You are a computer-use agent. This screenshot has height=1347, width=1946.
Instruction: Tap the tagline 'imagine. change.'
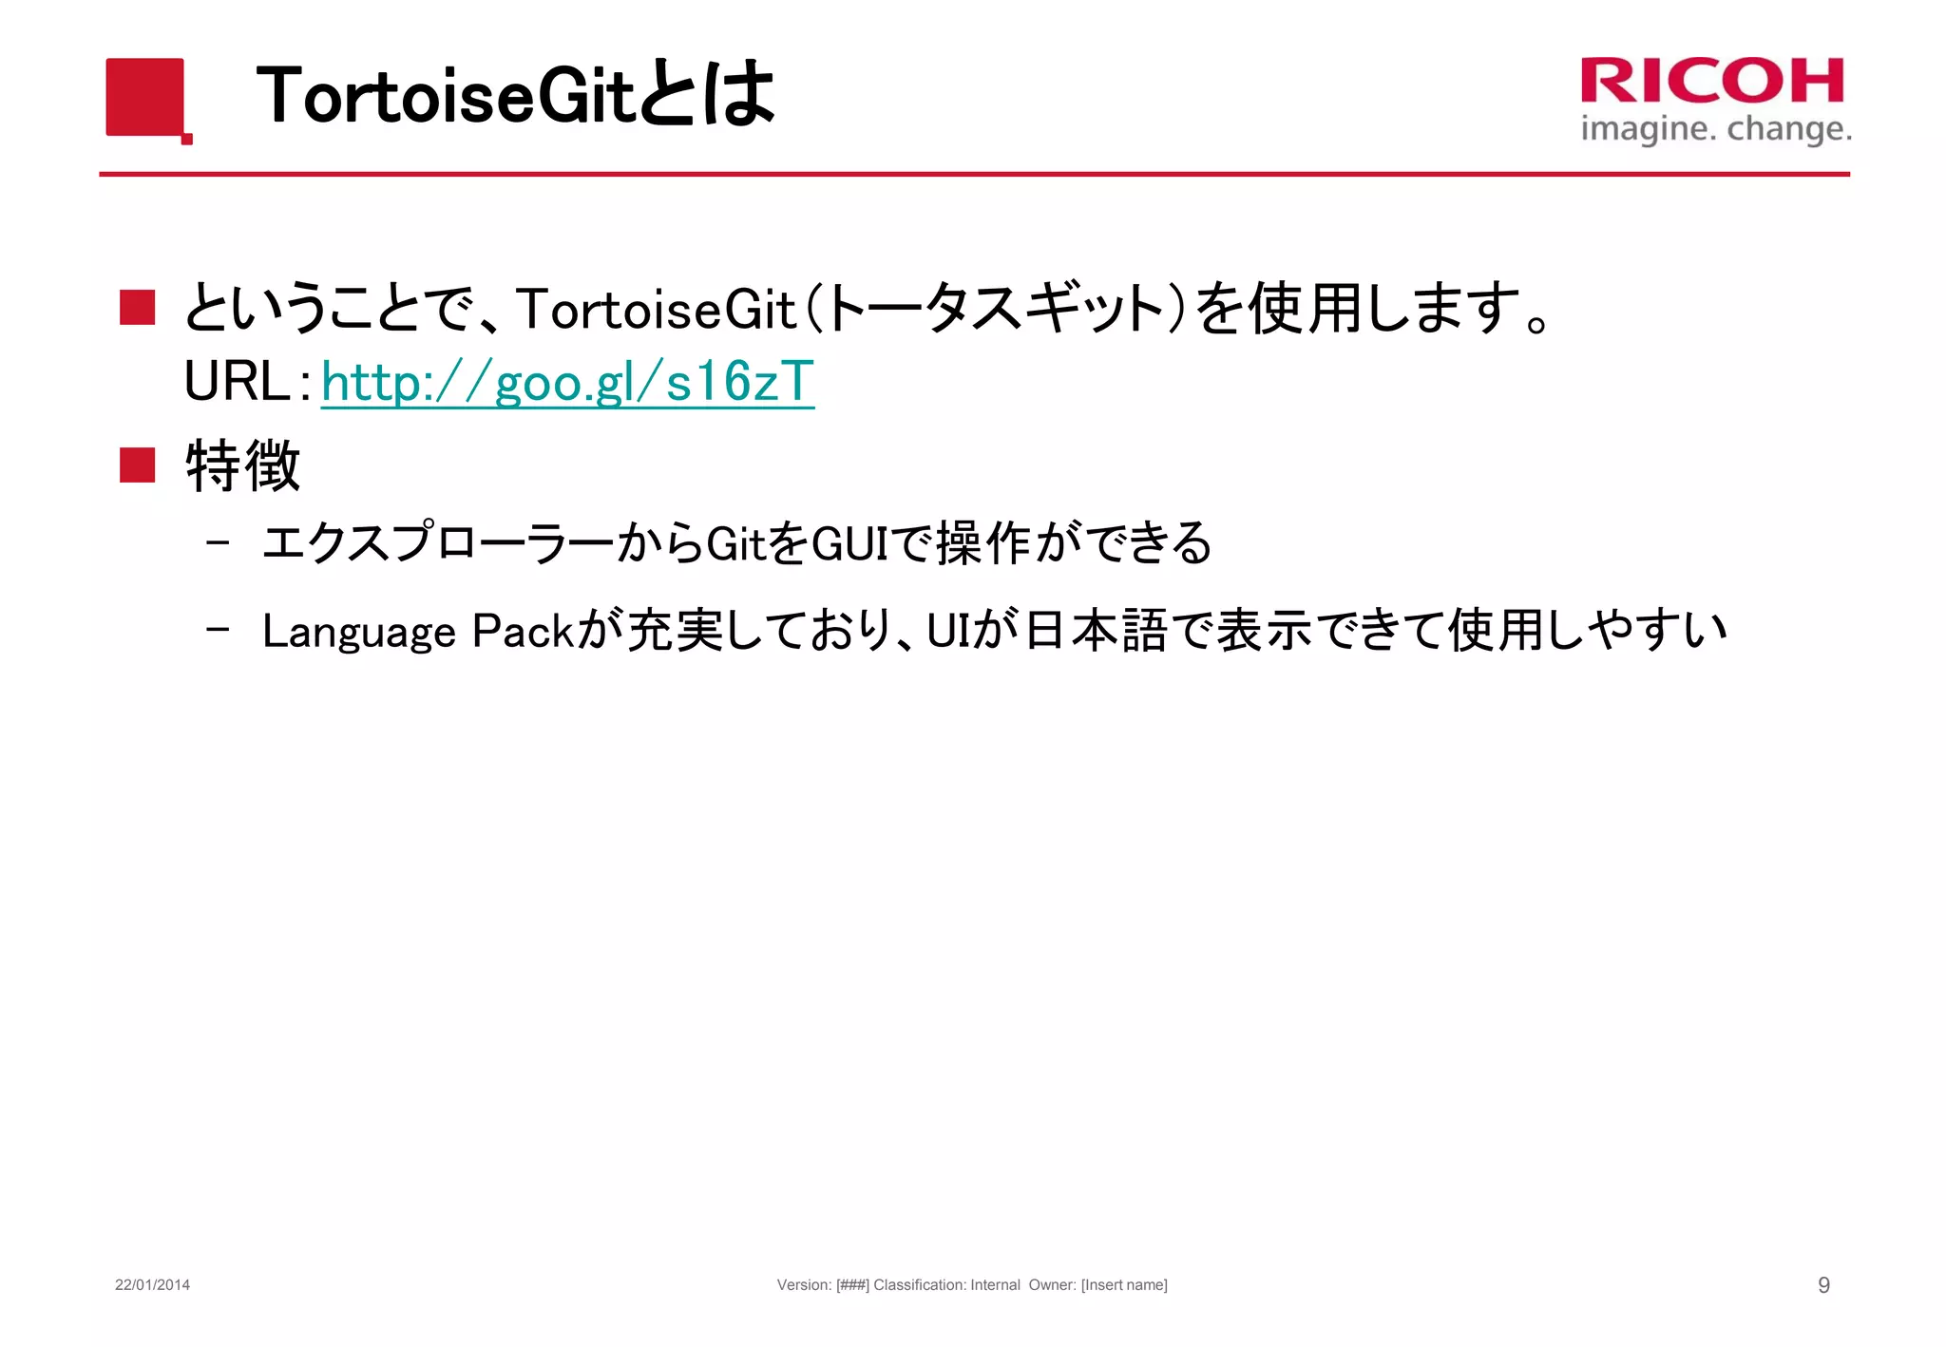tap(1715, 128)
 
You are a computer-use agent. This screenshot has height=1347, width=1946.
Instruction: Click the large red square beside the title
tap(144, 97)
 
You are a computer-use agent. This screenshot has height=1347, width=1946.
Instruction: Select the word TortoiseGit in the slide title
tap(445, 96)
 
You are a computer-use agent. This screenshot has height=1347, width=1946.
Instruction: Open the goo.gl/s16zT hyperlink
tap(567, 382)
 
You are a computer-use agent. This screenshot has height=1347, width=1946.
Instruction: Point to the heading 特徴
tap(243, 465)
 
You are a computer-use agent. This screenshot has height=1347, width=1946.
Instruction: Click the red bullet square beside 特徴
tap(138, 465)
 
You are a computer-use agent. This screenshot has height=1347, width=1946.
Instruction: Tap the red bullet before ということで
tap(138, 308)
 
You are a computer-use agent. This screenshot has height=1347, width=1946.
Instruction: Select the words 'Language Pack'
tap(418, 631)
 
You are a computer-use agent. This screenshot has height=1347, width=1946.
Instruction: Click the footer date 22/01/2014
tap(152, 1284)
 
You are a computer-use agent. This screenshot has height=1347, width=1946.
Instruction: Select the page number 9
tap(1823, 1284)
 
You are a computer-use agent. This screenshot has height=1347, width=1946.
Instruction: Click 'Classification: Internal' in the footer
tap(946, 1284)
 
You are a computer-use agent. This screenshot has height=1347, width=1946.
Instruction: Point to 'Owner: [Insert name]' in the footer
tap(1097, 1284)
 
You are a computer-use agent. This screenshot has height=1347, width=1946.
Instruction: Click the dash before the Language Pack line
tap(218, 629)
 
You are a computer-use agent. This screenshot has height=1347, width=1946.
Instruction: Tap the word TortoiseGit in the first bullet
tap(656, 309)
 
